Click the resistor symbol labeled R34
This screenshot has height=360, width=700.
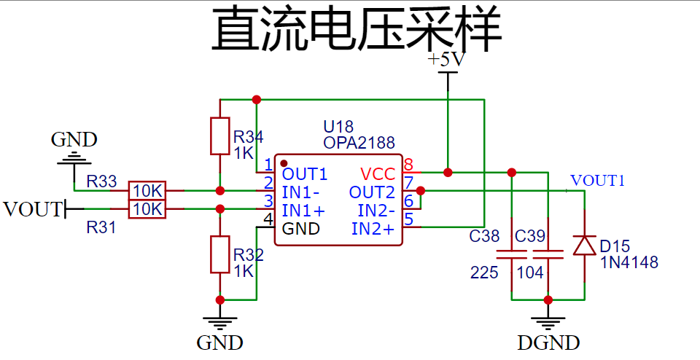click(219, 136)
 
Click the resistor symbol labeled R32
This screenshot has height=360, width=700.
click(219, 254)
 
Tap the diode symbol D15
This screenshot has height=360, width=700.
click(584, 245)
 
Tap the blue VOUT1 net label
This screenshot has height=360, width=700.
click(597, 181)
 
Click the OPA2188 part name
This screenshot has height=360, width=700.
click(359, 143)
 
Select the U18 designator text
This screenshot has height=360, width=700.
click(338, 128)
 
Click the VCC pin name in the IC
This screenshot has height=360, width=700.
click(378, 174)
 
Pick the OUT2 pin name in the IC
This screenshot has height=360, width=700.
click(372, 192)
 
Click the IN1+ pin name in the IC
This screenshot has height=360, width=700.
click(303, 211)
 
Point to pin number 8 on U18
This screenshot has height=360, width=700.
click(408, 164)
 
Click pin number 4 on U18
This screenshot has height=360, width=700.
click(268, 219)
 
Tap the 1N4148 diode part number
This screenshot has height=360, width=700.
click(629, 262)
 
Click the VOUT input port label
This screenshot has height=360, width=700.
click(32, 210)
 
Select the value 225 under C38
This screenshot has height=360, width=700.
click(484, 273)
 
